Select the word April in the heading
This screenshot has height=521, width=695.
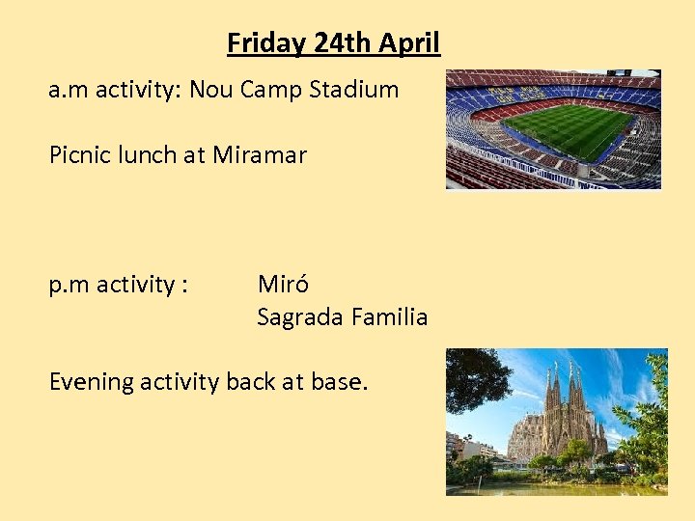(x=409, y=43)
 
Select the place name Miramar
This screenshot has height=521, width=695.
(x=260, y=154)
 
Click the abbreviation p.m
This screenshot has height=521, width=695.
(x=69, y=285)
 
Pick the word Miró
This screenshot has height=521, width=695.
(x=283, y=285)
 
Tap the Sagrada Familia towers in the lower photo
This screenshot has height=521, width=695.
(x=565, y=410)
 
